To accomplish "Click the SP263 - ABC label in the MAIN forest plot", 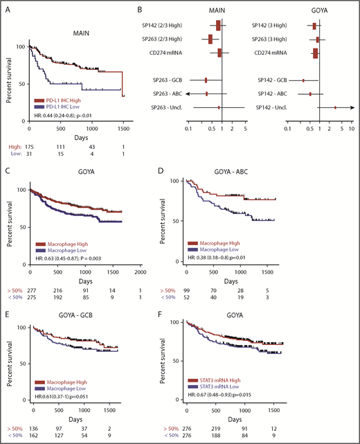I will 168,93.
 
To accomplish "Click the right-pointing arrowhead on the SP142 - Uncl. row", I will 351,107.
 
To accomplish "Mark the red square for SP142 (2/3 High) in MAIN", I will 218,26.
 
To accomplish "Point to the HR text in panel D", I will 226,256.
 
